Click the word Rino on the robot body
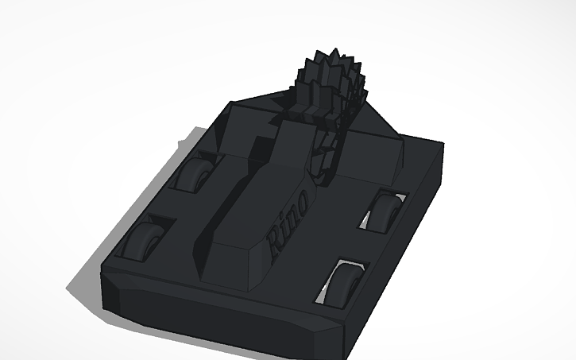(288, 223)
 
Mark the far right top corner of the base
(442, 145)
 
